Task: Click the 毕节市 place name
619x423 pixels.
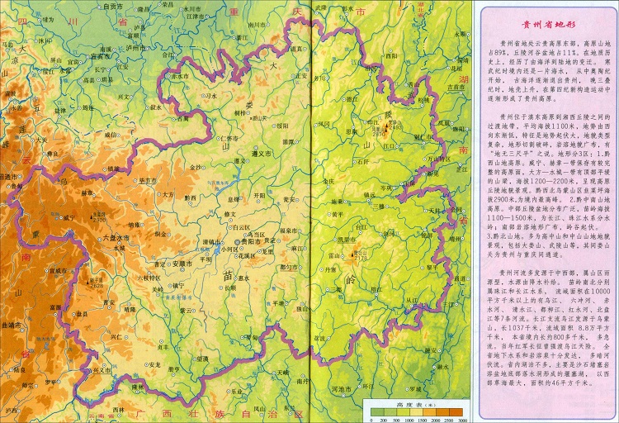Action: pos(149,179)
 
